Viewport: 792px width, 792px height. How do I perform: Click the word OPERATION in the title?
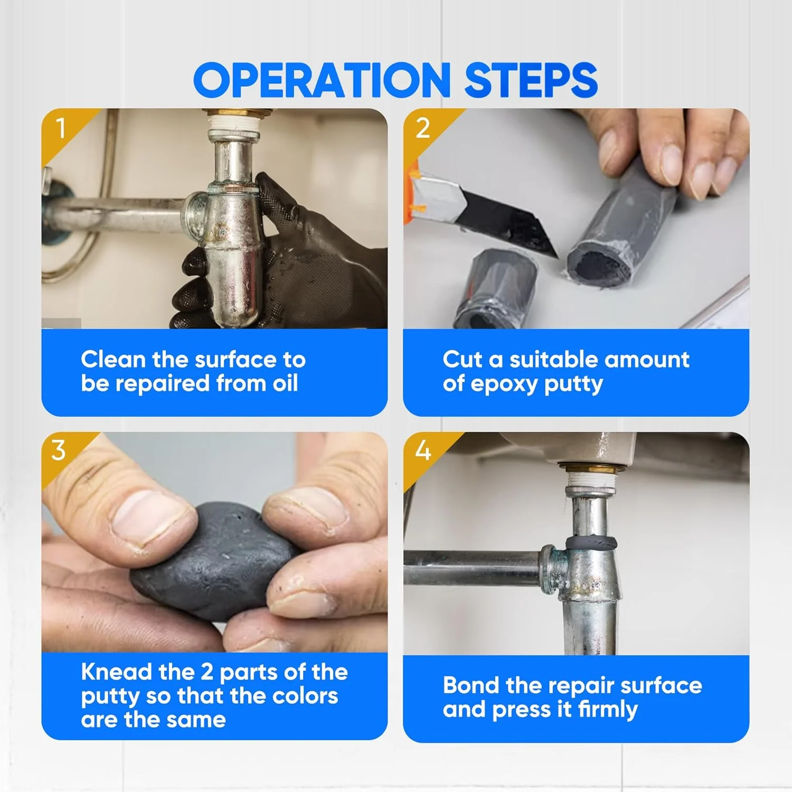(x=322, y=80)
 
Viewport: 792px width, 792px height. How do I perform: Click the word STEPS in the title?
(x=531, y=80)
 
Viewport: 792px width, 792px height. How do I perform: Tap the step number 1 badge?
(x=61, y=128)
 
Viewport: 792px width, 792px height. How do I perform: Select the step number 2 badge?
(x=423, y=128)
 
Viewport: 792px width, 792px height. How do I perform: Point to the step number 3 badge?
(x=59, y=450)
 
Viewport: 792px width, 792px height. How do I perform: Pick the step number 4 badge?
(x=423, y=450)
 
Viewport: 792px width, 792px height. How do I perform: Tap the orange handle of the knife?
(x=413, y=187)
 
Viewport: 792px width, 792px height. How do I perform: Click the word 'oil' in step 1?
(x=285, y=383)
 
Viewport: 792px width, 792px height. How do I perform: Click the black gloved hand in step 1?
(x=285, y=259)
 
